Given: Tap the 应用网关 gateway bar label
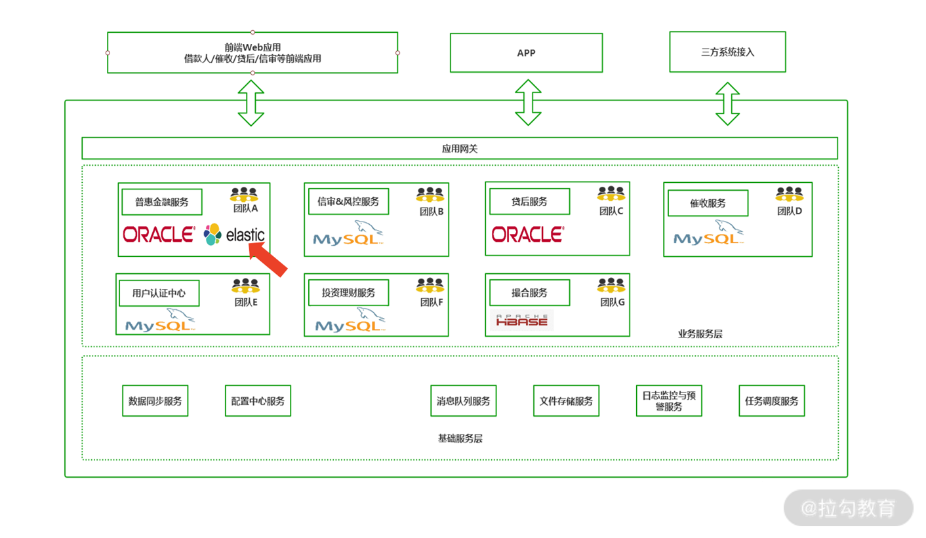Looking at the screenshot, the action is click(x=460, y=149).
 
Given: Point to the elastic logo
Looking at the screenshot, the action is click(x=234, y=235).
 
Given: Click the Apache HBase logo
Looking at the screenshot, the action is click(x=522, y=320).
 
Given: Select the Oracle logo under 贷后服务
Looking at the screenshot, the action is click(x=527, y=235).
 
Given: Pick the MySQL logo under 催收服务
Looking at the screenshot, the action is click(x=708, y=233).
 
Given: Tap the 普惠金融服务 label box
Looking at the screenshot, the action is click(x=162, y=202).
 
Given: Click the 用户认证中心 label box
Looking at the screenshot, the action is click(x=159, y=293).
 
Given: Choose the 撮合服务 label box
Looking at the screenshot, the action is click(x=529, y=292).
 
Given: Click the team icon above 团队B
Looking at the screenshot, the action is click(x=430, y=195).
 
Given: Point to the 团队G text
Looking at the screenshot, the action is click(x=613, y=303).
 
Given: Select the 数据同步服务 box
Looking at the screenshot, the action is click(x=155, y=401).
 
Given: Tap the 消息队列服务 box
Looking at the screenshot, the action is click(x=464, y=401).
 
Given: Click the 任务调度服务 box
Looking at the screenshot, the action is click(x=772, y=401).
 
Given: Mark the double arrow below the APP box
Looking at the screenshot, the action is click(x=528, y=102).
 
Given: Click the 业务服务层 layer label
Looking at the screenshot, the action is click(x=700, y=334).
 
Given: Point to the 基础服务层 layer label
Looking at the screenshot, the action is click(x=460, y=438).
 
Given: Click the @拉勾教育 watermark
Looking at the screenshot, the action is click(x=848, y=509).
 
